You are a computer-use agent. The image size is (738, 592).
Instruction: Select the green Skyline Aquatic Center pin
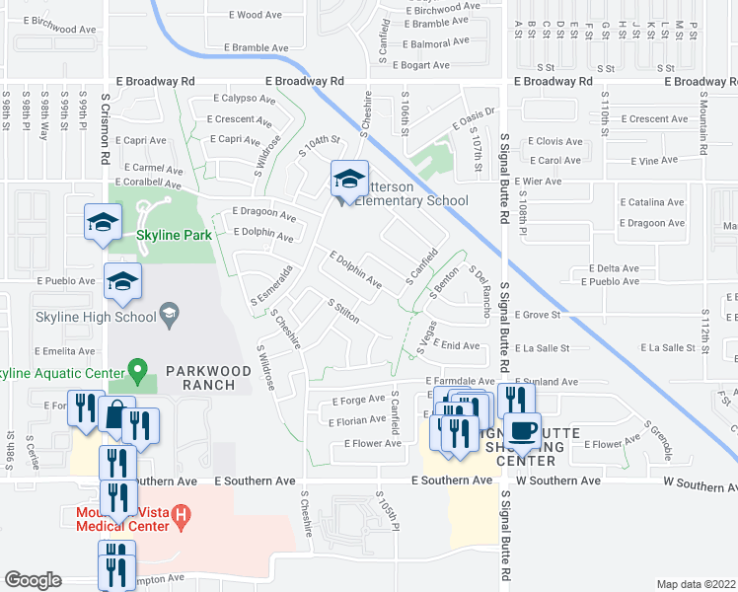point(138,373)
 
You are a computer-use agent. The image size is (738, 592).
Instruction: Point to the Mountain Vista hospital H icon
point(181,514)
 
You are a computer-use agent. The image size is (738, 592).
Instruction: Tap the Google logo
point(33,580)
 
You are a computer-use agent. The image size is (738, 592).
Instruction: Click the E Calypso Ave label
point(246,99)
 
